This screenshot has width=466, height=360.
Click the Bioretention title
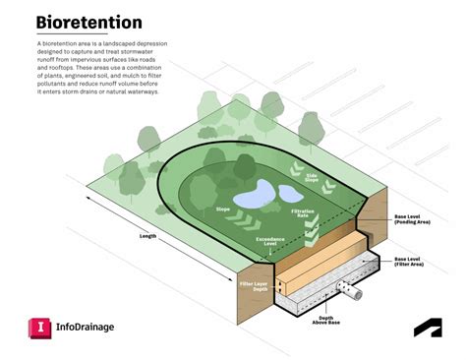click(89, 22)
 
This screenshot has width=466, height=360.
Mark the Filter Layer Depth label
click(254, 286)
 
